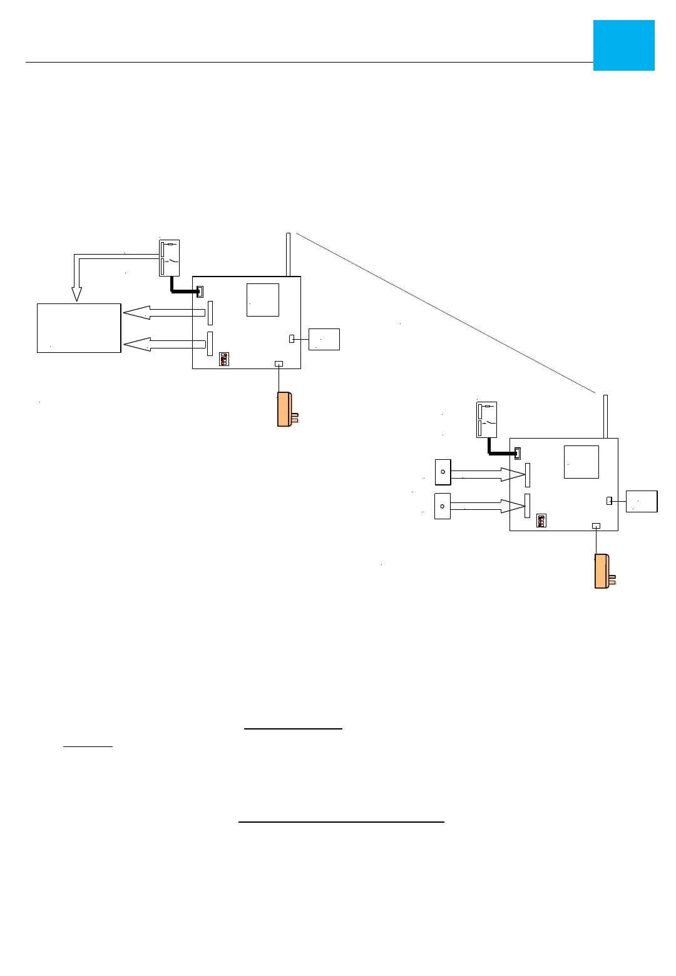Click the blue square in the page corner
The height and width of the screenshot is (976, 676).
point(623,45)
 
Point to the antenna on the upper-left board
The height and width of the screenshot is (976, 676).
point(288,254)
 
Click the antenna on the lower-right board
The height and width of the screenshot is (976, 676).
point(605,416)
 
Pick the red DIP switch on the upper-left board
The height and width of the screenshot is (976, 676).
point(224,359)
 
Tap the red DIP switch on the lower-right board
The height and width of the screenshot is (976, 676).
point(541,521)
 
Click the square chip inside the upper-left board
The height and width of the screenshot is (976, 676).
point(263,300)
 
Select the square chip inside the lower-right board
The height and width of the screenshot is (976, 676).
point(581,462)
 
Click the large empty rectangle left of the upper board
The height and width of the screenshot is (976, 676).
point(79,328)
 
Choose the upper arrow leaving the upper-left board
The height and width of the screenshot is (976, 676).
point(164,312)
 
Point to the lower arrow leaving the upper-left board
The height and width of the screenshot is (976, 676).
point(164,344)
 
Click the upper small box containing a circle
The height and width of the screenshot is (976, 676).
point(443,472)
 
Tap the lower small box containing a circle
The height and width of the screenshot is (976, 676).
point(442,506)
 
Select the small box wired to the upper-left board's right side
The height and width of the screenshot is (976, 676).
point(324,339)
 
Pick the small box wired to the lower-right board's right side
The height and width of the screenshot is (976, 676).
point(642,501)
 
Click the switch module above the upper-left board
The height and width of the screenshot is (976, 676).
point(170,258)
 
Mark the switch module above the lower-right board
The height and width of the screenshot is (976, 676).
point(486,419)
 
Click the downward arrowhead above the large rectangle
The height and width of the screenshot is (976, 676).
point(77,293)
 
